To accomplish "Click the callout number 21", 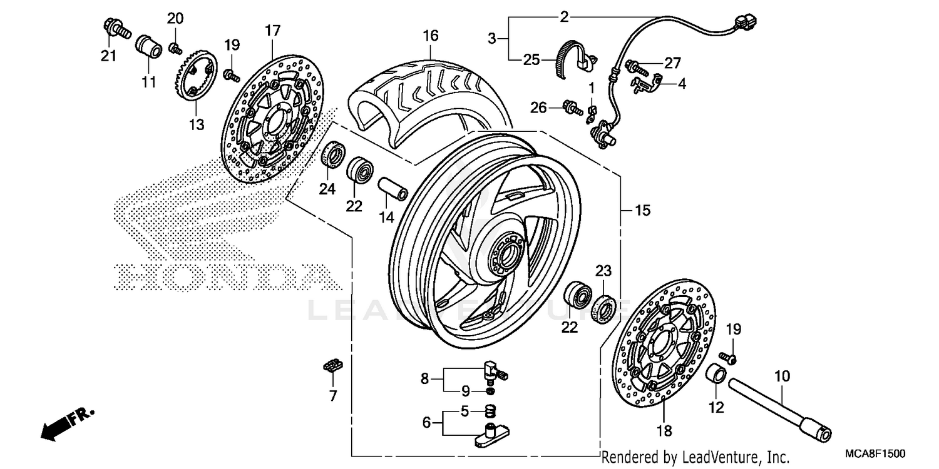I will click(109, 56).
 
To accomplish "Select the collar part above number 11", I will click(148, 46).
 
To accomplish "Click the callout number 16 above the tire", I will click(430, 36).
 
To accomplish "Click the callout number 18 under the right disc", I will click(664, 430).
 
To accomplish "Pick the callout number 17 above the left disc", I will click(272, 30).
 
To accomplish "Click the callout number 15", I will click(642, 211).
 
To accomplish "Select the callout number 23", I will click(602, 270).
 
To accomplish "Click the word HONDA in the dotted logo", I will click(222, 278).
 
